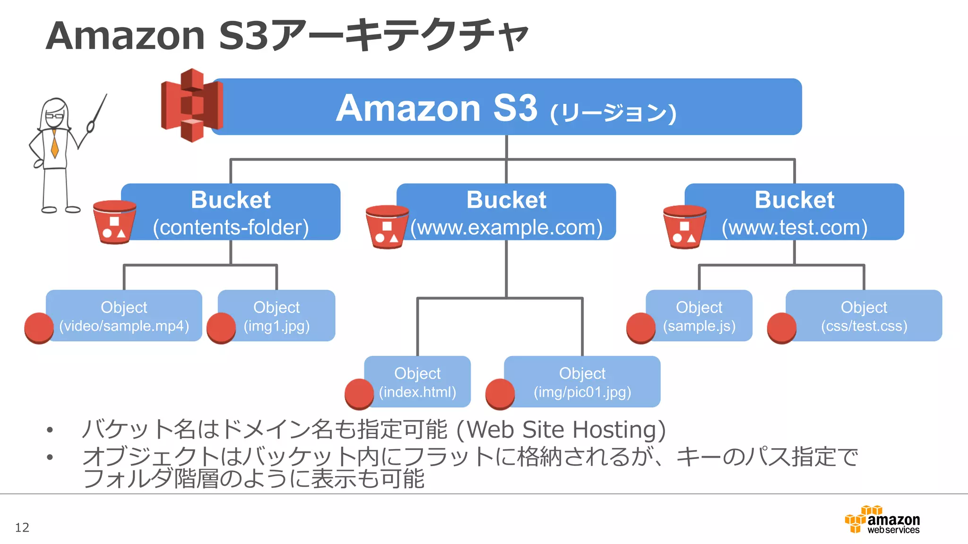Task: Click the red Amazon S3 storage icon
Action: coord(191,105)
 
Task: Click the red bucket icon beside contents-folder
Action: coord(114,222)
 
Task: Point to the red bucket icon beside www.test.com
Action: coord(684,227)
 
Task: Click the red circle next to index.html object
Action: coord(359,393)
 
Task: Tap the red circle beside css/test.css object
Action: coord(781,327)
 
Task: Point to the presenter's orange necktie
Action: coord(55,144)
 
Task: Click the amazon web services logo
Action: coord(882,520)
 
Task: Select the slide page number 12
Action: coord(22,527)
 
